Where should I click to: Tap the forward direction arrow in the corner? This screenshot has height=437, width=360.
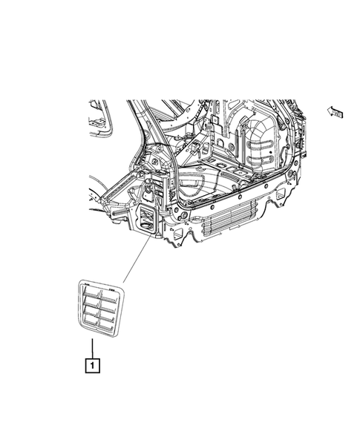coord(336,112)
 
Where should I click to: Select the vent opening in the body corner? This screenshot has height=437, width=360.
coord(147,220)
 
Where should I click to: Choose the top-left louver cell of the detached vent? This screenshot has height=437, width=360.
coord(90,293)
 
